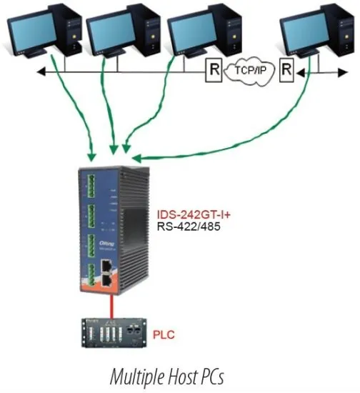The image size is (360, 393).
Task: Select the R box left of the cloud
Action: pyautogui.click(x=213, y=71)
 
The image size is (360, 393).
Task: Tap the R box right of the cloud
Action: pyautogui.click(x=286, y=70)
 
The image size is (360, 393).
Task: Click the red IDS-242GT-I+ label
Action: pyautogui.click(x=187, y=214)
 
